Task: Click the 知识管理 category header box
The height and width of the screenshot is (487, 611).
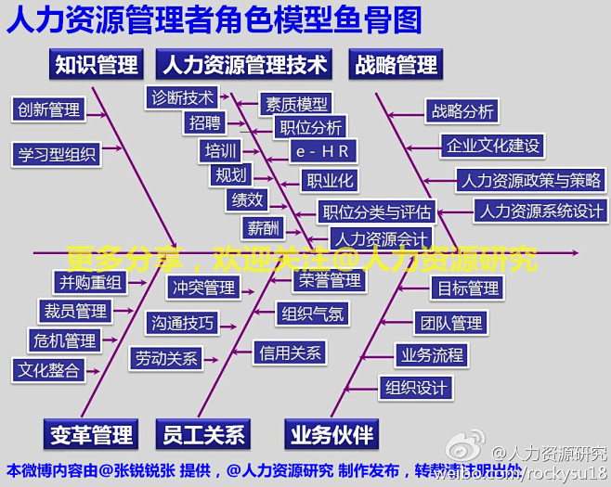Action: pyautogui.click(x=96, y=64)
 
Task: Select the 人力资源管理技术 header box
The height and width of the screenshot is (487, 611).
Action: pyautogui.click(x=244, y=64)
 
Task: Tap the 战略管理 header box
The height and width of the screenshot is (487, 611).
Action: pyautogui.click(x=396, y=64)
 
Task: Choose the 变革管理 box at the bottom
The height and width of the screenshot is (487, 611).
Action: pyautogui.click(x=91, y=433)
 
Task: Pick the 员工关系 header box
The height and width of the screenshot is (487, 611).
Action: pyautogui.click(x=203, y=433)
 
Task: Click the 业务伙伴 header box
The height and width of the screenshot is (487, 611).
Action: pyautogui.click(x=331, y=433)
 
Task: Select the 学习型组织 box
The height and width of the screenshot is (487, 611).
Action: pyautogui.click(x=57, y=154)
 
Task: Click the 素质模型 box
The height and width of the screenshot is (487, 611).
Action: pyautogui.click(x=295, y=104)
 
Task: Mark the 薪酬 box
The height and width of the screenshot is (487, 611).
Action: pyautogui.click(x=261, y=227)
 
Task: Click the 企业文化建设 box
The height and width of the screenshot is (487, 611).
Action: pyautogui.click(x=492, y=146)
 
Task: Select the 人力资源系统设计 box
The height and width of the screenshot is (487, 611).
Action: pyautogui.click(x=539, y=211)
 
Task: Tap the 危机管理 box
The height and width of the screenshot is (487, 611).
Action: pyautogui.click(x=63, y=340)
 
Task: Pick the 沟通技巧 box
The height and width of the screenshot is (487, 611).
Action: pyautogui.click(x=182, y=323)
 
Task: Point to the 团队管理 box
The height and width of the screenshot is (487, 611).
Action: pyautogui.click(x=450, y=323)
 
